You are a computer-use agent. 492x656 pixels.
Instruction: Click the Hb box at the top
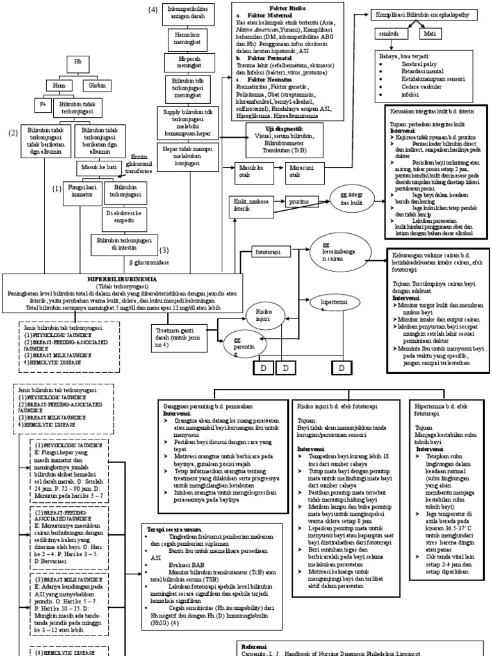[79, 63]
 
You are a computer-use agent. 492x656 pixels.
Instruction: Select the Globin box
[97, 85]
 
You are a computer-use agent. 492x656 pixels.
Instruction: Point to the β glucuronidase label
[149, 262]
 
